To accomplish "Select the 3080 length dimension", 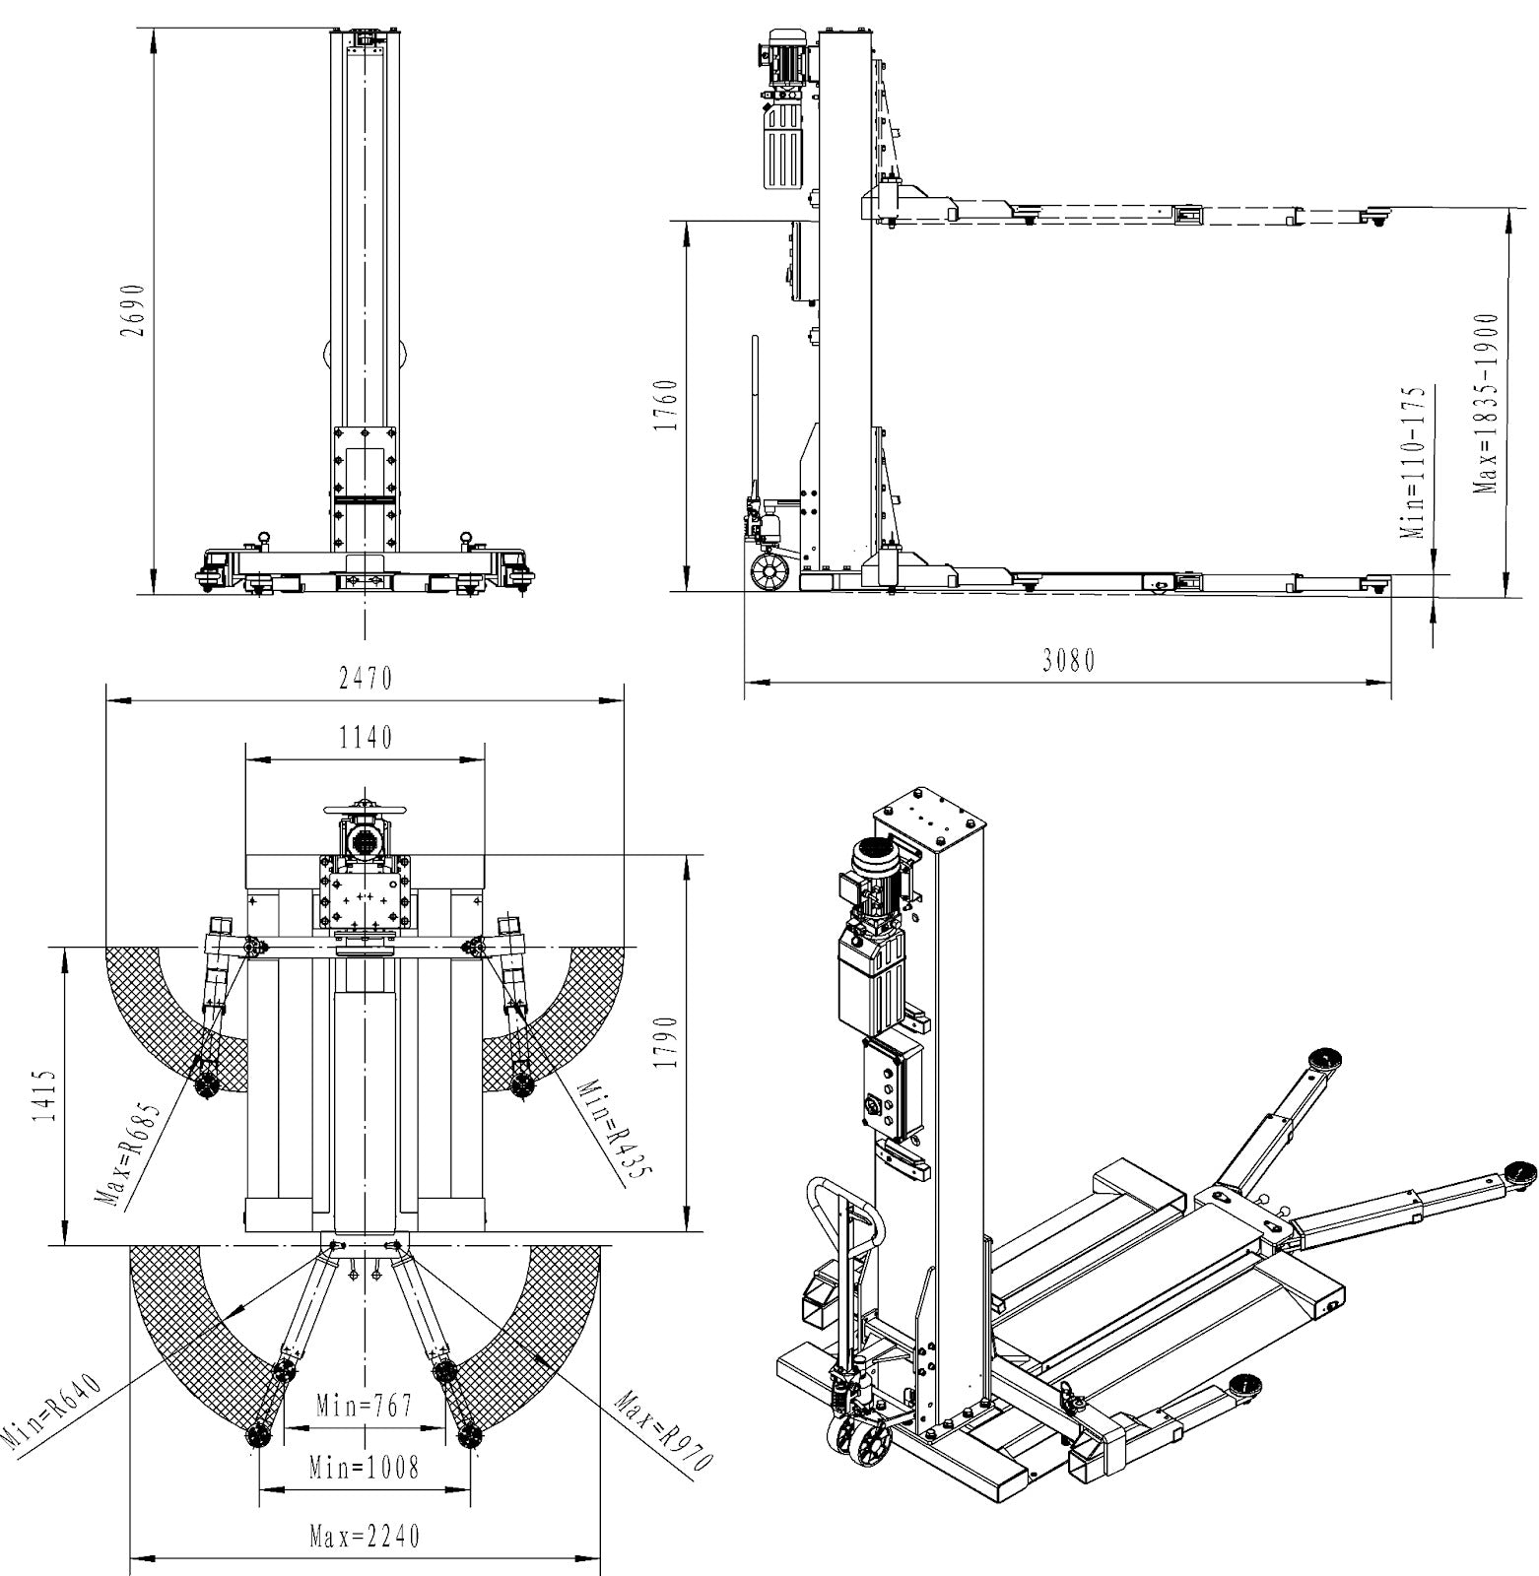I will (1069, 661).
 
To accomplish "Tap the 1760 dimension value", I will (667, 405).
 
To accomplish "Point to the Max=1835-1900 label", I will (1486, 405).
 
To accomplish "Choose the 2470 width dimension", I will (366, 679).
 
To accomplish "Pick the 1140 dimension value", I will (366, 738).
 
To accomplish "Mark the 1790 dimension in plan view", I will (667, 1043).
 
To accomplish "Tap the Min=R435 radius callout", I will (603, 1133).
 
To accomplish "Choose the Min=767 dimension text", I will (365, 1405).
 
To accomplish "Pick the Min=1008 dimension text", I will (364, 1469).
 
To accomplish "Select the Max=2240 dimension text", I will (365, 1536).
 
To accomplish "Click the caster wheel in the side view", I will (769, 570).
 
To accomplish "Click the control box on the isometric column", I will (893, 1088).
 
